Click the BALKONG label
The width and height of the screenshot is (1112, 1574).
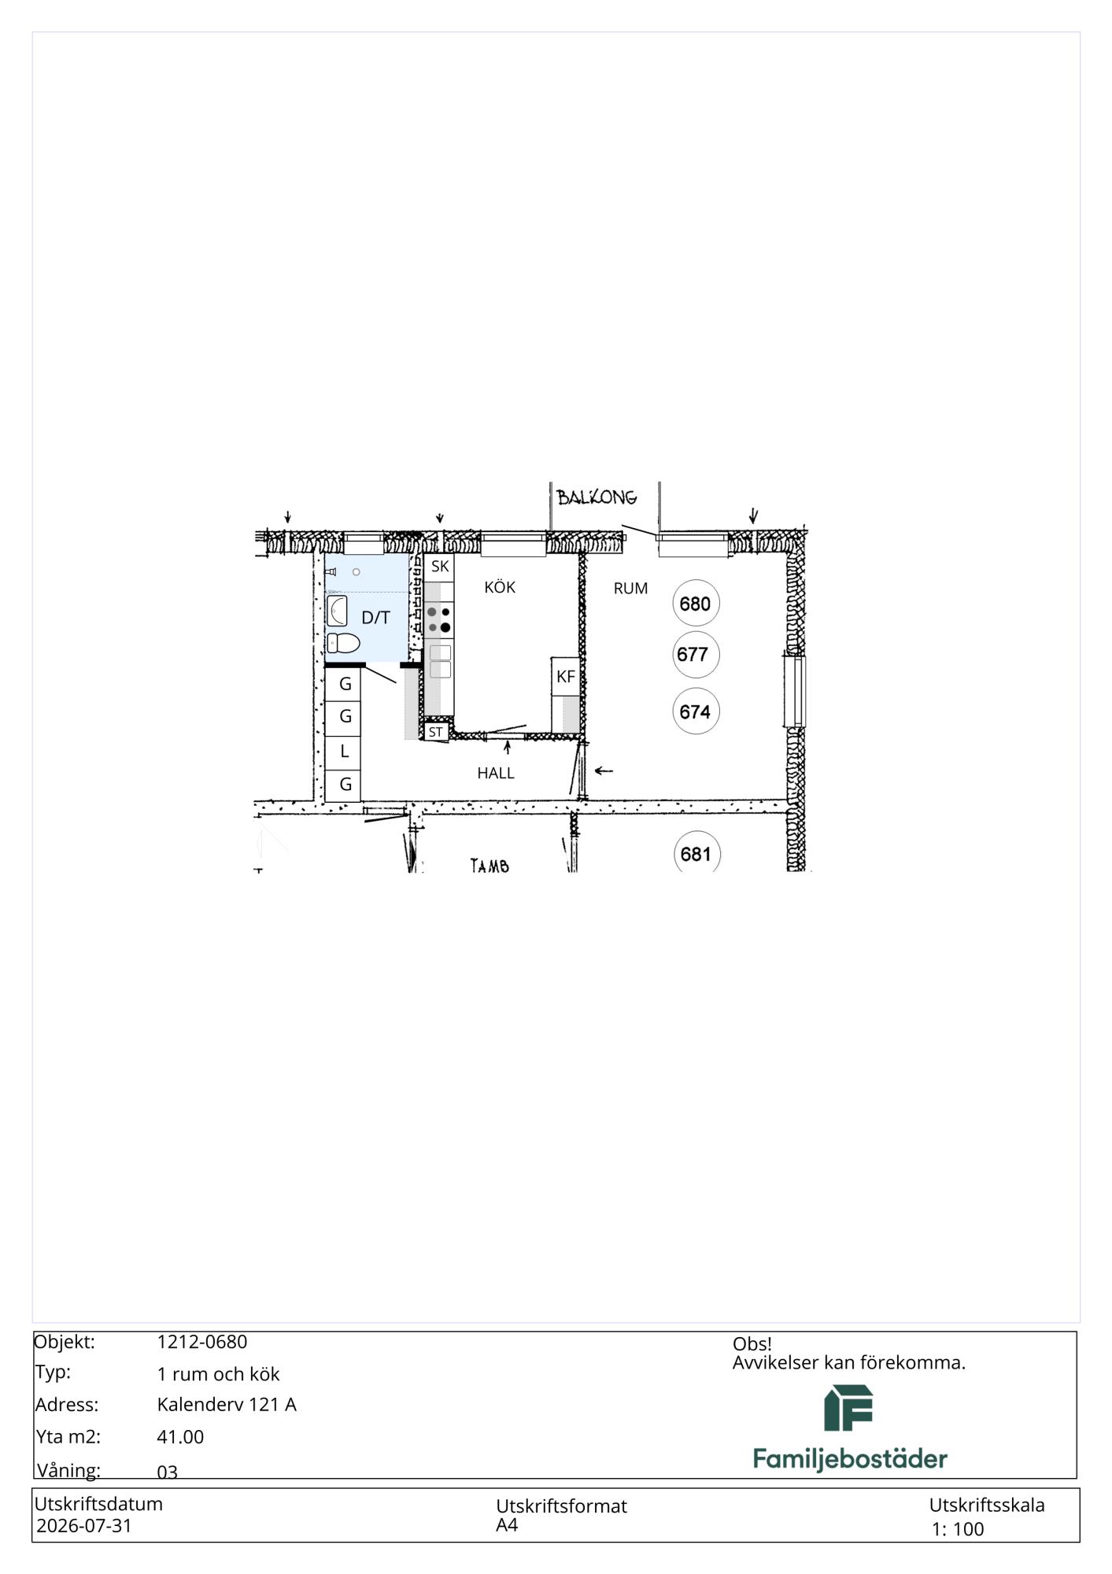pos(597,497)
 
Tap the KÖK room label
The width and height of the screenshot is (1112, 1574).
pos(500,587)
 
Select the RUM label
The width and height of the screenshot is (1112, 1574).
pos(630,588)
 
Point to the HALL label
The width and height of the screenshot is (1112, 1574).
pos(496,773)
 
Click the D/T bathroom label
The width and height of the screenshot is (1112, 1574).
pos(375,617)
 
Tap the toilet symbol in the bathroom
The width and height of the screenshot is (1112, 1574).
pos(343,643)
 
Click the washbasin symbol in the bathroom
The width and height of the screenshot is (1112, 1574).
pos(337,611)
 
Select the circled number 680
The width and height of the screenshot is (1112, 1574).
pos(696,604)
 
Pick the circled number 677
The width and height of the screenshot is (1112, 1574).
pos(696,654)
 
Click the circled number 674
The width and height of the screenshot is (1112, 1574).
pos(696,711)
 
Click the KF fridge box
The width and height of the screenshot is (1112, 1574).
pos(566,676)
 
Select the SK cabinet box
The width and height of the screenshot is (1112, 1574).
pos(440,566)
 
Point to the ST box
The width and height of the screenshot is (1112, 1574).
pos(436,732)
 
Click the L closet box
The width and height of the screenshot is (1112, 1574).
pos(344,752)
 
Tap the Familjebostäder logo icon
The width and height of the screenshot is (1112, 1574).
pos(848,1408)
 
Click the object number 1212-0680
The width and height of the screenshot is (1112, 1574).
pos(202,1342)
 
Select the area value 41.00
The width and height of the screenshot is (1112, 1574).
pos(180,1437)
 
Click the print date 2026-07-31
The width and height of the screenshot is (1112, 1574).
pos(84,1526)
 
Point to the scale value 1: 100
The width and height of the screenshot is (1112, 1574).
pos(958,1529)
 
